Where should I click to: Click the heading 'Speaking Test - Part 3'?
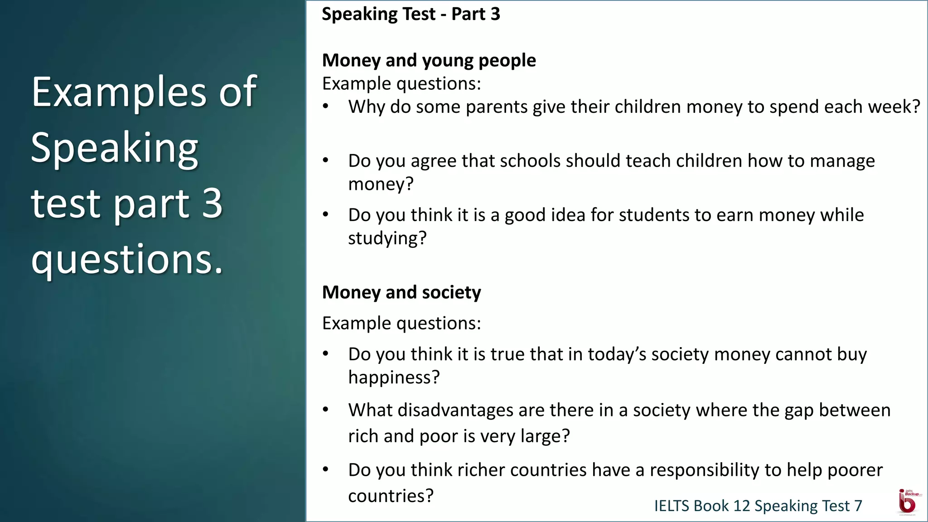coord(411,14)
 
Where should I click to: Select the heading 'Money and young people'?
coord(429,60)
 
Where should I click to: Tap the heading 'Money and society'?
coord(401,292)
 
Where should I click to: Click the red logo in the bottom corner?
coord(907,503)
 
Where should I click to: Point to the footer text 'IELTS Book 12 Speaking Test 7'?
coord(758,506)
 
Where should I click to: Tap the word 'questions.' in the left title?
coord(127,259)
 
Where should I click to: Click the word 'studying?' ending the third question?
coord(387,238)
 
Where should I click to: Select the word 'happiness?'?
coord(394,377)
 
